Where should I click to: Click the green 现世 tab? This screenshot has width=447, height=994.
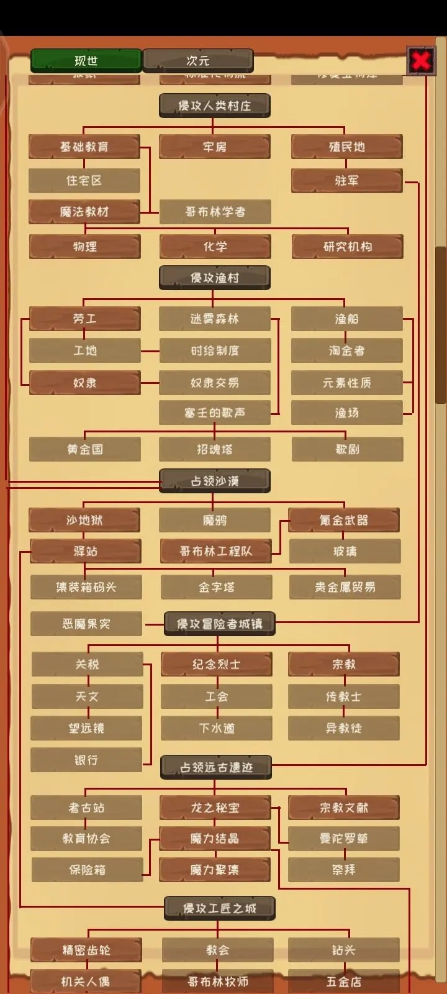coord(86,61)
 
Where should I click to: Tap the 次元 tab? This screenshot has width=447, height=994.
coord(198,61)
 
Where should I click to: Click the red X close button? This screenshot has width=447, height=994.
coord(421,61)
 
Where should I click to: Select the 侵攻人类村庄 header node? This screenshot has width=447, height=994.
coord(215,106)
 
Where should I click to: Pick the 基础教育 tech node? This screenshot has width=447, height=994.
coord(84,147)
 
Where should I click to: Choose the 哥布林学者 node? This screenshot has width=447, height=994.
coord(215,212)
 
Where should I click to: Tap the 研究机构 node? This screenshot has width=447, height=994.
coord(348,247)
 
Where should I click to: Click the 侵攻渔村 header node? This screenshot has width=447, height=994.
coord(215,278)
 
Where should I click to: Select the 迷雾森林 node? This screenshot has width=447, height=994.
coord(215,319)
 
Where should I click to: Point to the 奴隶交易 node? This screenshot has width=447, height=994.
coord(215,383)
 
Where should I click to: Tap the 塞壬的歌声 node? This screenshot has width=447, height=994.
coord(215,413)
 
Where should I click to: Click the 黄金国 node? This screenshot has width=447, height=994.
coord(85,449)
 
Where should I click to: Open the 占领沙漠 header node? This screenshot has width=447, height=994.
coord(215,481)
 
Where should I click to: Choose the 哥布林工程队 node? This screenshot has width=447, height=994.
coord(216,551)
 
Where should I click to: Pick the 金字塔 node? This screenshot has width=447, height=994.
coord(217,587)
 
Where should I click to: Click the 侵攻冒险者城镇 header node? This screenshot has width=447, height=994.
coord(220,624)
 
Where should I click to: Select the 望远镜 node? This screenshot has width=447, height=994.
coord(87,728)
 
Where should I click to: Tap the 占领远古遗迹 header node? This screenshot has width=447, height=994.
coord(217,767)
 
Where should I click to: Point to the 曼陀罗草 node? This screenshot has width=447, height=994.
coord(344,839)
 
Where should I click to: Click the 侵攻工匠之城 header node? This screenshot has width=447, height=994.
coord(220,909)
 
